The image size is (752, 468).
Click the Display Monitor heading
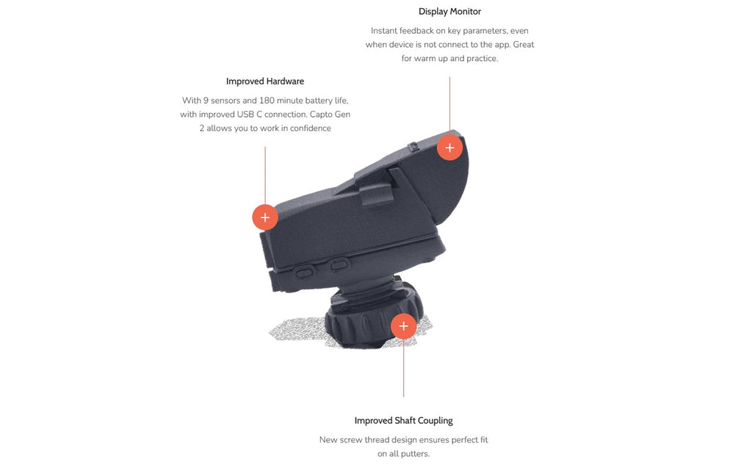449,12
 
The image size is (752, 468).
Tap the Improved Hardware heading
264,81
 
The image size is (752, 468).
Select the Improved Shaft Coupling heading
403,420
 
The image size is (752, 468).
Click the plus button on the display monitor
449,148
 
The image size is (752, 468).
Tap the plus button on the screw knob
403,326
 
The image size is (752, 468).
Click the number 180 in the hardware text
267,101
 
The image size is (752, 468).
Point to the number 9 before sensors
206,101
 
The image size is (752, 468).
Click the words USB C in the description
250,114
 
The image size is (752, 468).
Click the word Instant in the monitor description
383,31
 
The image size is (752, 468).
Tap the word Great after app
523,45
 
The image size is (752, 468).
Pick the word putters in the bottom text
414,453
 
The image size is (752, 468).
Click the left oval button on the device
305,273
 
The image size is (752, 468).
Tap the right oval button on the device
339,264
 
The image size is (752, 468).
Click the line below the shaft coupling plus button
403,368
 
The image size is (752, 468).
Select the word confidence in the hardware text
311,128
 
